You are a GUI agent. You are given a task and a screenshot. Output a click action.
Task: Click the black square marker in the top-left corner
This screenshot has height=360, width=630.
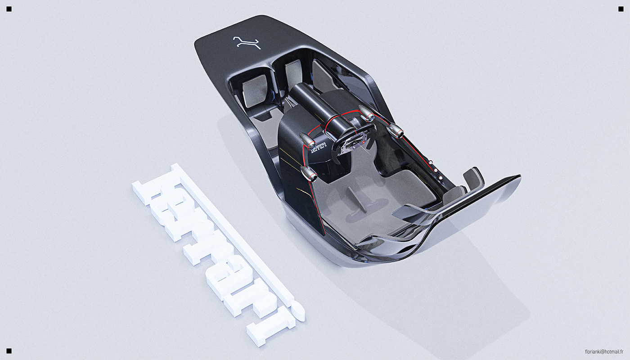point(9,9)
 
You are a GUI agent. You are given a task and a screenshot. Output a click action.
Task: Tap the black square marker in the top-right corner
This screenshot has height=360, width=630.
point(621,9)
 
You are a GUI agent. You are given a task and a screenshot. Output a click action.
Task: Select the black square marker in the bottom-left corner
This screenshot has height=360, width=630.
point(9,351)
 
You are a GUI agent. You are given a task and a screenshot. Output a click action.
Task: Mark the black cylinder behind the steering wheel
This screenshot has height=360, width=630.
point(315,108)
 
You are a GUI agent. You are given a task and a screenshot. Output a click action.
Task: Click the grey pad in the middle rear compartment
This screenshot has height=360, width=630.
point(293,74)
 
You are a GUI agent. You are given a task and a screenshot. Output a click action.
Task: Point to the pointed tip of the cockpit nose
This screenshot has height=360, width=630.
point(517,178)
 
